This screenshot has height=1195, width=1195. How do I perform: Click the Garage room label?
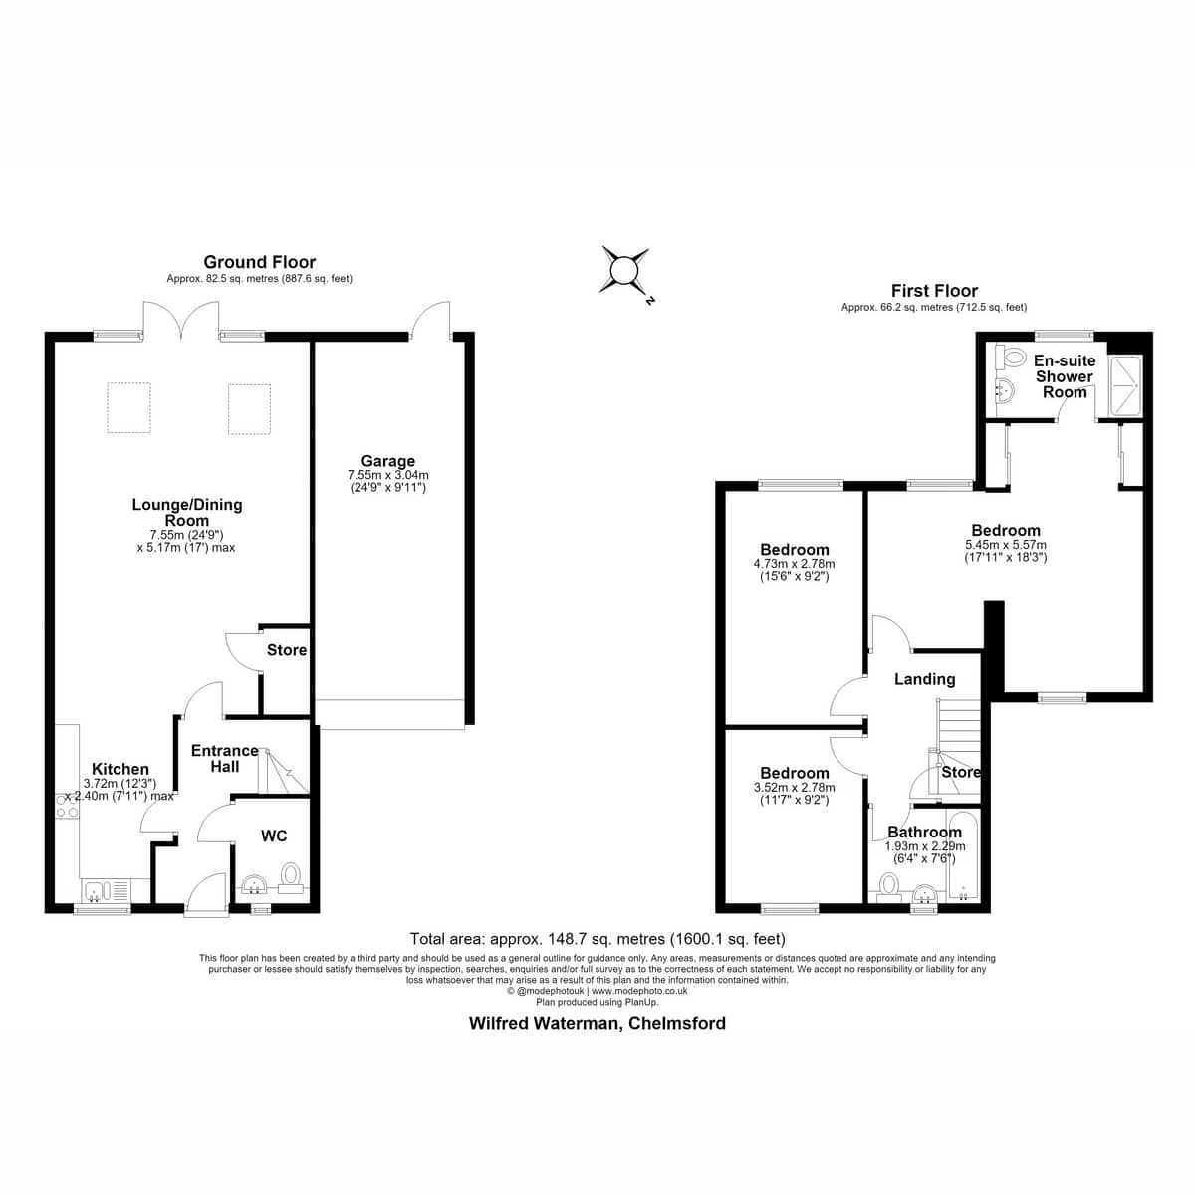[387, 461]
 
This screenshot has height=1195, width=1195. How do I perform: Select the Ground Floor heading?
[259, 262]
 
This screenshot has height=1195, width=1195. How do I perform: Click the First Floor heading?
[934, 290]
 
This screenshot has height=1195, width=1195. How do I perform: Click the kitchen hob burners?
[67, 806]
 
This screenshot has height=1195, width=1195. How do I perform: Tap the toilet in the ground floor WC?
[290, 877]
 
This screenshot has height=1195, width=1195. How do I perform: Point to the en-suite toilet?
[1011, 358]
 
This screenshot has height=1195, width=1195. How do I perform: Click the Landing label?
[924, 679]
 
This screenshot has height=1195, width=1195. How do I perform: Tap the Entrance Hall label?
[224, 759]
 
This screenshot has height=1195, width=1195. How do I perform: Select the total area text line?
[597, 938]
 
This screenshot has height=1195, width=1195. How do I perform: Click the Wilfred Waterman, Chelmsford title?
[597, 1023]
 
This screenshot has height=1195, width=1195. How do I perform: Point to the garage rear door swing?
[430, 321]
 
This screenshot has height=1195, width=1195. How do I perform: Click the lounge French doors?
[180, 320]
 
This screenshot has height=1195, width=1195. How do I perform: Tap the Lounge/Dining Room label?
[186, 512]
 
